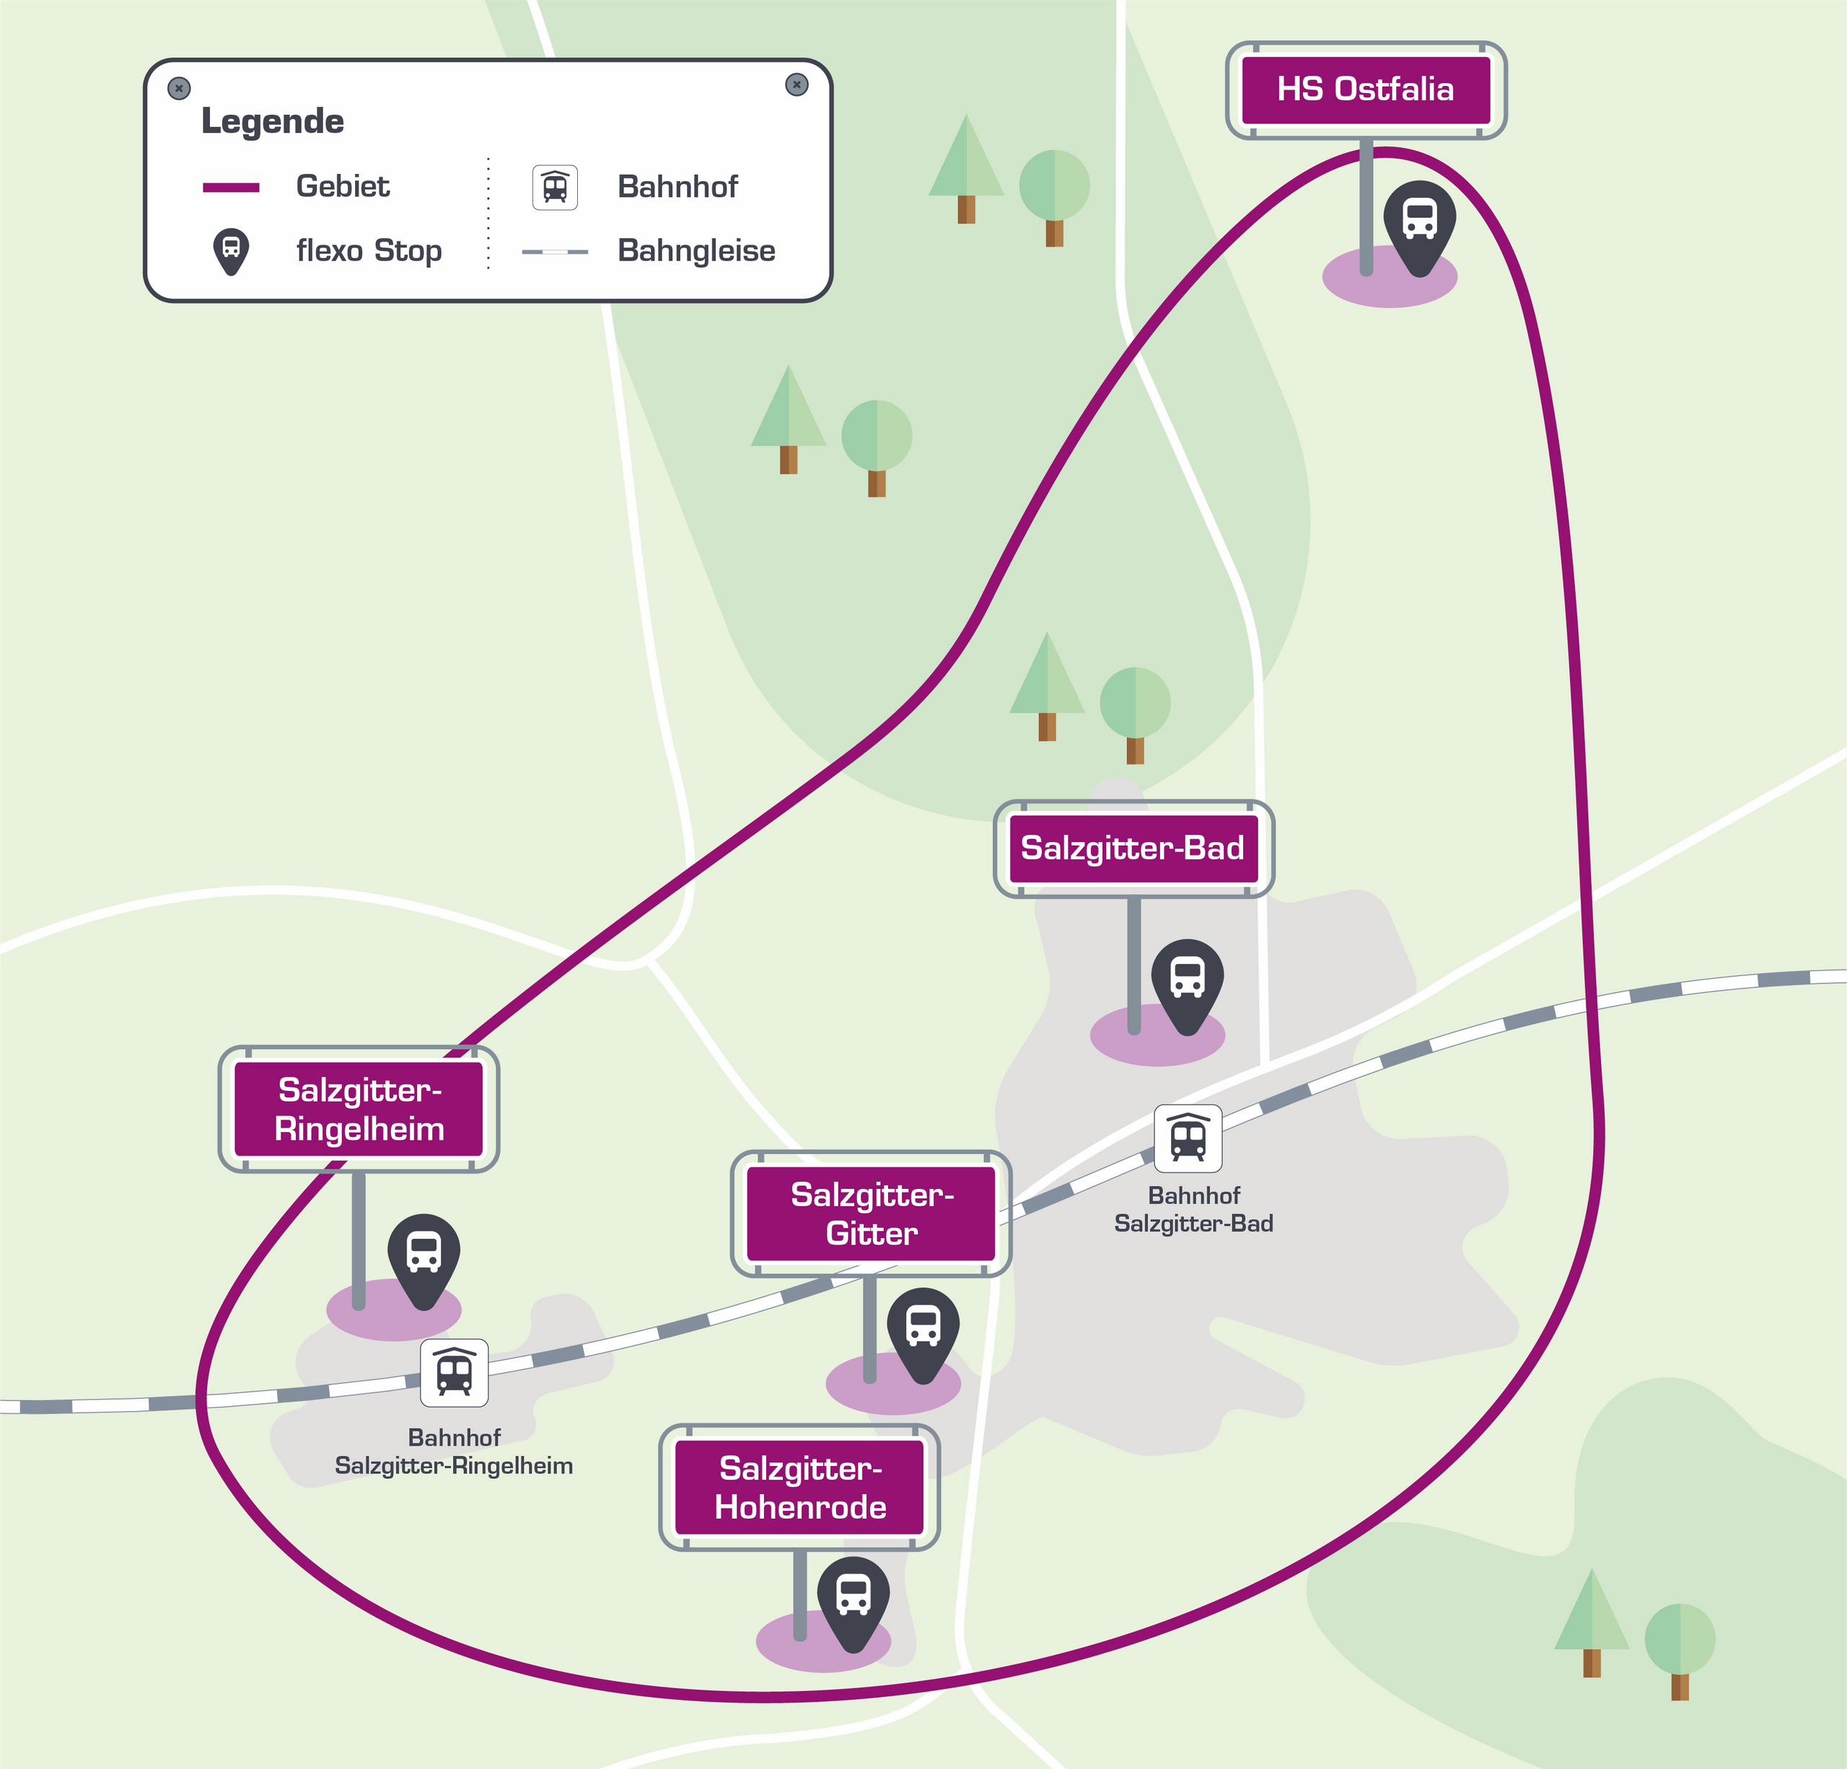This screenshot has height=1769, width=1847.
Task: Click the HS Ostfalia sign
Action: coord(1366,90)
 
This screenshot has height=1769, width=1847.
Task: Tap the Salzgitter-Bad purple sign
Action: coord(1133,848)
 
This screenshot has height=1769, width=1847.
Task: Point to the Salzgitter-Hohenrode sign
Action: coord(799,1487)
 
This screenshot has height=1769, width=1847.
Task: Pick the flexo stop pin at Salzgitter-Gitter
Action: coord(923,1335)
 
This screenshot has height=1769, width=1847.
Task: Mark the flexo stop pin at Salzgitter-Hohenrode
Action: coord(853,1604)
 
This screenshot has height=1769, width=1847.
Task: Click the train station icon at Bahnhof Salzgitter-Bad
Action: coord(1188,1138)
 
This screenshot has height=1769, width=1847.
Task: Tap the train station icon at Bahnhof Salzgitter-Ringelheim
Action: coord(455,1373)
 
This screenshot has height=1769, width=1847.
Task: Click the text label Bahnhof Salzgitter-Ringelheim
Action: coord(455,1452)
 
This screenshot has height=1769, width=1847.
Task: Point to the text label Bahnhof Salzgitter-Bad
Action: coord(1194,1209)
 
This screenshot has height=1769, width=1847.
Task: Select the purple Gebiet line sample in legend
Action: coord(231,188)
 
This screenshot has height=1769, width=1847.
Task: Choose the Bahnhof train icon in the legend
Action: coord(555,187)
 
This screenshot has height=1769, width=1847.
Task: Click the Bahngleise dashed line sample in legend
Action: coord(555,253)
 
